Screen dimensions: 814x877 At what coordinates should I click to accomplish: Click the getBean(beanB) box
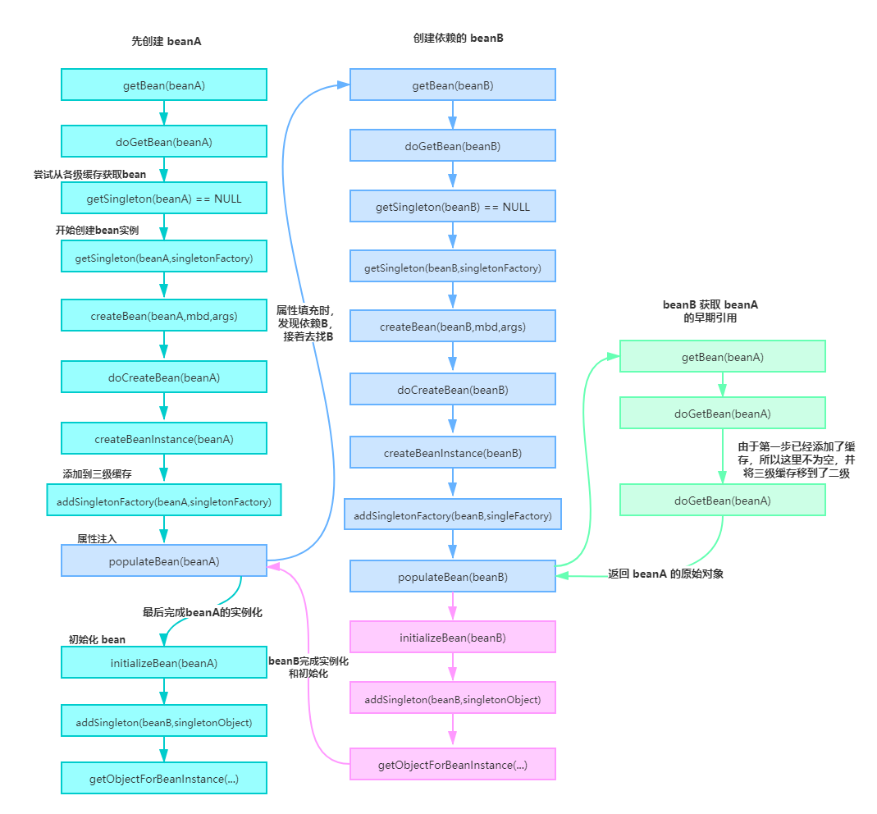pyautogui.click(x=452, y=85)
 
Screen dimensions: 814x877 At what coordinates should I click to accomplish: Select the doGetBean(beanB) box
pyautogui.click(x=452, y=146)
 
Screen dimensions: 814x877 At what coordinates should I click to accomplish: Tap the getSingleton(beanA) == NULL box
pyautogui.click(x=163, y=198)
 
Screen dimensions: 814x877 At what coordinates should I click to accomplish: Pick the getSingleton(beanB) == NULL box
pyautogui.click(x=452, y=207)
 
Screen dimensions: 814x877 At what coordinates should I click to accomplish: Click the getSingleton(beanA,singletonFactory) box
pyautogui.click(x=163, y=258)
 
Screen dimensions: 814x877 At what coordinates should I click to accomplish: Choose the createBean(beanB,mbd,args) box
pyautogui.click(x=452, y=327)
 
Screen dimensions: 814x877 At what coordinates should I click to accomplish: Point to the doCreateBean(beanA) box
pyautogui.click(x=163, y=377)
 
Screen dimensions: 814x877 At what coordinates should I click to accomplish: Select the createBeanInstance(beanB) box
pyautogui.click(x=452, y=453)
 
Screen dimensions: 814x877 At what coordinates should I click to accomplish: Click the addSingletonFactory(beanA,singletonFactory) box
pyautogui.click(x=163, y=501)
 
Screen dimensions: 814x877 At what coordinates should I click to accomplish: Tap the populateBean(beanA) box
pyautogui.click(x=163, y=561)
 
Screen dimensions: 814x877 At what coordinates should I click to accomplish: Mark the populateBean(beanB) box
pyautogui.click(x=452, y=577)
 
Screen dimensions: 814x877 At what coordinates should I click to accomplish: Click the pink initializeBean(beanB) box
pyautogui.click(x=452, y=638)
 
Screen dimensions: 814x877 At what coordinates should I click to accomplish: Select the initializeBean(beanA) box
pyautogui.click(x=163, y=663)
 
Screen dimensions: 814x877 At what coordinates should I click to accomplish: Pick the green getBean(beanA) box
pyautogui.click(x=722, y=357)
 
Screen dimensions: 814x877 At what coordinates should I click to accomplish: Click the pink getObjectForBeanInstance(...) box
pyautogui.click(x=452, y=765)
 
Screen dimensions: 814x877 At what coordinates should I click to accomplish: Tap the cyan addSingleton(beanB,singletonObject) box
pyautogui.click(x=163, y=723)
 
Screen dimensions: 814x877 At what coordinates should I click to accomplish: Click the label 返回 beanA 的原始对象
pyautogui.click(x=665, y=574)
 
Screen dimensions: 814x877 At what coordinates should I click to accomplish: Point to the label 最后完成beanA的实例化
pyautogui.click(x=203, y=612)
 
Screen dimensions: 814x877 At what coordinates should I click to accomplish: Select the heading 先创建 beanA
pyautogui.click(x=167, y=41)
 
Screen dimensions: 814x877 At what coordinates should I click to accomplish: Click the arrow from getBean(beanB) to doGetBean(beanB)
pyautogui.click(x=452, y=116)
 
